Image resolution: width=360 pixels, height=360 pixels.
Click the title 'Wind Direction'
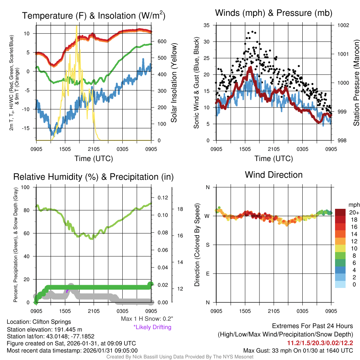274,175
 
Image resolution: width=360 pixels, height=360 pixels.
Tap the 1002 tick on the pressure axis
343,25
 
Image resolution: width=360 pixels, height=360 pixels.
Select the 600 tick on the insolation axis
162,41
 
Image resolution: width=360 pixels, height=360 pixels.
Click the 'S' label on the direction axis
208,245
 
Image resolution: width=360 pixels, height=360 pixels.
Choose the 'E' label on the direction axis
208,274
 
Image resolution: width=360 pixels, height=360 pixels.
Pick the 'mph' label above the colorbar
353,205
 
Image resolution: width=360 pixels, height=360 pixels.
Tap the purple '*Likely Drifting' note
152,327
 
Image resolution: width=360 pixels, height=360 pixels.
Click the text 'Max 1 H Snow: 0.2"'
147,319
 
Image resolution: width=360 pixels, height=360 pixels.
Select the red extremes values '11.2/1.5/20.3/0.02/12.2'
320,343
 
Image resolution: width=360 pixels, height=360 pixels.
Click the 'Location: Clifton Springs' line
39,322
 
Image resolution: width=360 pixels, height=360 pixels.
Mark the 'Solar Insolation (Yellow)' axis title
174,83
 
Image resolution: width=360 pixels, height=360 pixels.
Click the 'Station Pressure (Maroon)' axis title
356,83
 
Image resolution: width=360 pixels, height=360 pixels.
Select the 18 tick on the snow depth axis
180,209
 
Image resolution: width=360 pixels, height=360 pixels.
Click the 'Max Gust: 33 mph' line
298,351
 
